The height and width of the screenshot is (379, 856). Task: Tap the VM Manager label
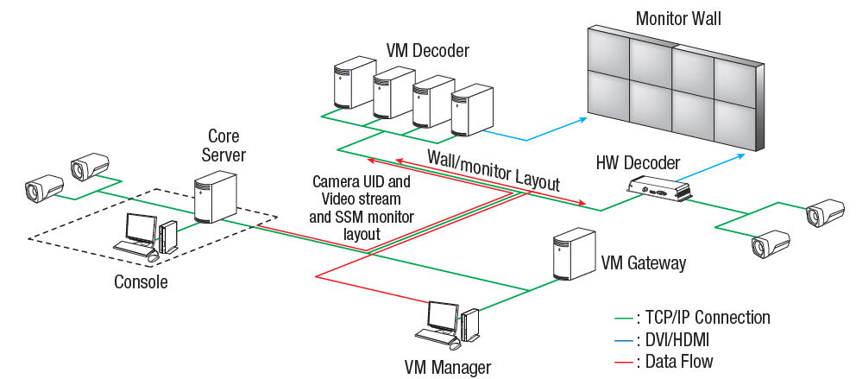[x=449, y=366]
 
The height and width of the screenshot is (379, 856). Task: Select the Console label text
[x=141, y=281]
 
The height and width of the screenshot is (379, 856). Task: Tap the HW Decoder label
[x=638, y=162]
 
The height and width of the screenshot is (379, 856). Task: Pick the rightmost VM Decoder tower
[x=470, y=110]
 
